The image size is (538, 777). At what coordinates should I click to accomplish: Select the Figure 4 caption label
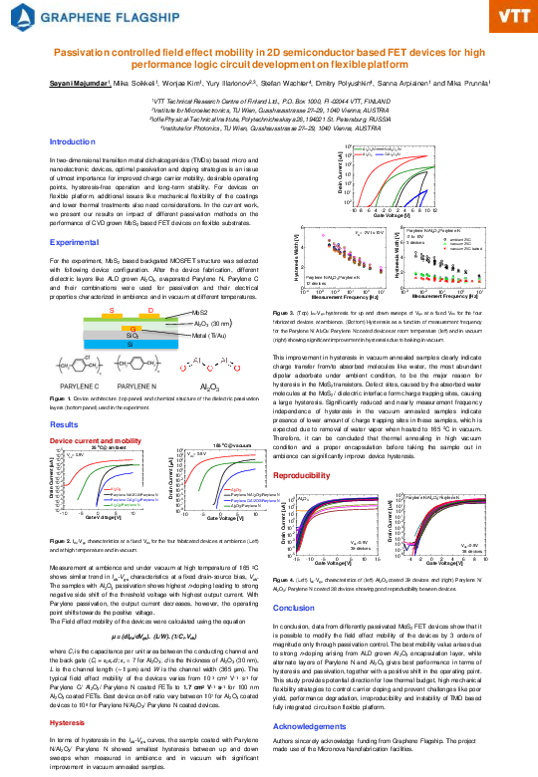[x=282, y=579]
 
